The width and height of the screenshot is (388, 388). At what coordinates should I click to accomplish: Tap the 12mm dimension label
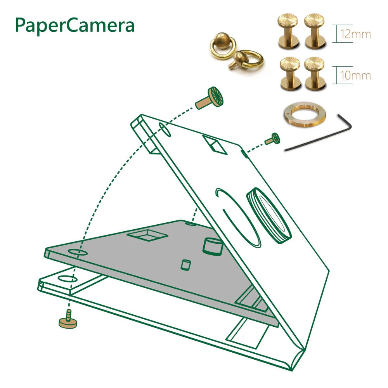point(355,34)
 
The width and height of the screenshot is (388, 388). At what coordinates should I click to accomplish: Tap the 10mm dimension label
point(355,75)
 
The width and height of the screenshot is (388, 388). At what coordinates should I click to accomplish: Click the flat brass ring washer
point(304,115)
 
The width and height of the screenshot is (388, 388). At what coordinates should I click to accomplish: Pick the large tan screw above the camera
point(210,98)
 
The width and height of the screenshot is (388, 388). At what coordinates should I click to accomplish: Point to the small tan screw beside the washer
point(273,139)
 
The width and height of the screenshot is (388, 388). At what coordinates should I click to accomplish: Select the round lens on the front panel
point(268,216)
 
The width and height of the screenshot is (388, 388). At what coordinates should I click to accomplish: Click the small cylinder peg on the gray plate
point(186,265)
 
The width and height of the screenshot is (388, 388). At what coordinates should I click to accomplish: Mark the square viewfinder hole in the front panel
point(215,144)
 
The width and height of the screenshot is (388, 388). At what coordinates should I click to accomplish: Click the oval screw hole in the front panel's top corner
point(165,130)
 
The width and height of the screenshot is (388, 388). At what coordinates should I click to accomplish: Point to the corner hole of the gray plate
point(78,253)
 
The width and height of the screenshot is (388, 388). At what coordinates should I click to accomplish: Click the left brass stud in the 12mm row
point(288,32)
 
